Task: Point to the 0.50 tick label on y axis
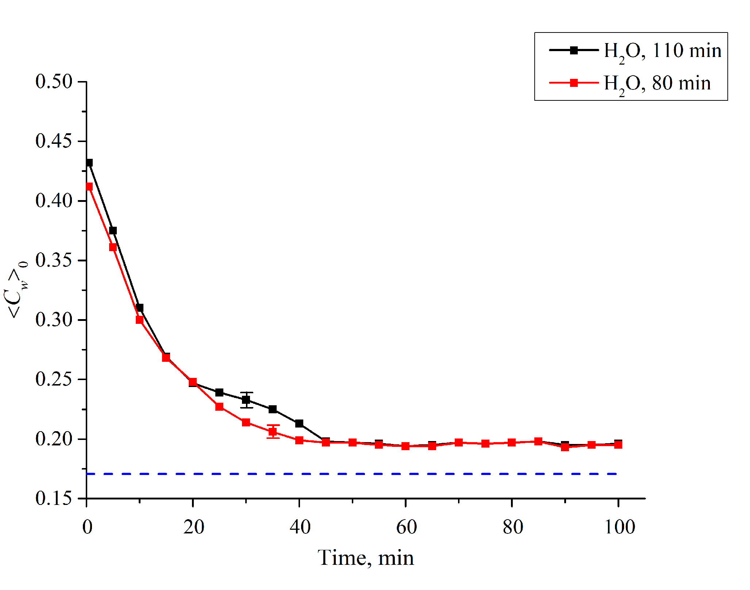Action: [54, 81]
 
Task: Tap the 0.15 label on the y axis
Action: [54, 498]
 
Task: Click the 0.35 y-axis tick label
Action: [54, 260]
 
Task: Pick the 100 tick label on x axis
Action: [619, 527]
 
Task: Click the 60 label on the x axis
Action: [406, 527]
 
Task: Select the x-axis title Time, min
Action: [366, 558]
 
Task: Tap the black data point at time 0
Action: [89, 163]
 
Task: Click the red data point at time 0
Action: [89, 187]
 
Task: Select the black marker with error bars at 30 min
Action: [246, 400]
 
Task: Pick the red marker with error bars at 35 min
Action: [273, 432]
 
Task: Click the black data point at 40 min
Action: [299, 424]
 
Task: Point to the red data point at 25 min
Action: [219, 407]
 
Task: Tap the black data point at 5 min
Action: [113, 231]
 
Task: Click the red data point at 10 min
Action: [139, 320]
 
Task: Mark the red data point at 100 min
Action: [618, 445]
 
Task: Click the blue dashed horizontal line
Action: [350, 474]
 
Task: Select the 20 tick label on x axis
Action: [193, 527]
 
